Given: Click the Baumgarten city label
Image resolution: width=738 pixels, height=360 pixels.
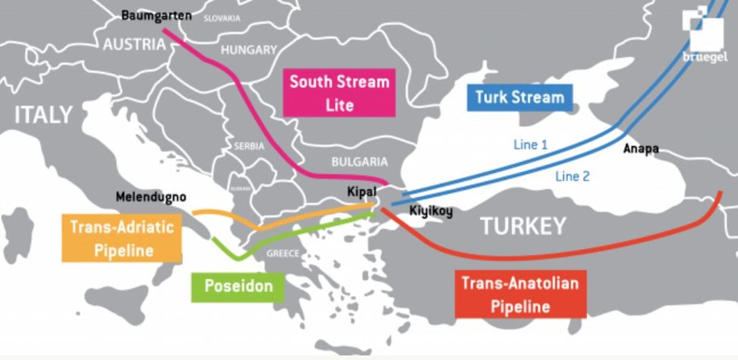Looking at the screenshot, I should click(x=156, y=15).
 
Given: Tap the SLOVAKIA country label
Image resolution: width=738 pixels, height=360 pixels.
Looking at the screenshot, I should click(x=222, y=18).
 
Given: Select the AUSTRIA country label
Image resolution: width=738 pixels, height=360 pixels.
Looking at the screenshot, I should click(x=134, y=44).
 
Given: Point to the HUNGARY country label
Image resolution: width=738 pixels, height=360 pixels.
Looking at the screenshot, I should click(x=249, y=50).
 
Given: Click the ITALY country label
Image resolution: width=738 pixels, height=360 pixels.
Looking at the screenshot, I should click(x=44, y=114).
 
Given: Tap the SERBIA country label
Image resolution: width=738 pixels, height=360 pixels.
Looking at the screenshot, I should click(x=249, y=146).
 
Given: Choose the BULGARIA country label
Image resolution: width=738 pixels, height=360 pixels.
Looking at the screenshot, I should click(x=360, y=162).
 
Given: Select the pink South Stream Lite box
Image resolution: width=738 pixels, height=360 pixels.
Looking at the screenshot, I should click(x=339, y=93).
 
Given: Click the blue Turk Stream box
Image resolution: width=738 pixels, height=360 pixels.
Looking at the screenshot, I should click(x=520, y=97).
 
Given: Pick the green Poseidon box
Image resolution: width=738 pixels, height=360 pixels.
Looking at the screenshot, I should click(x=238, y=287).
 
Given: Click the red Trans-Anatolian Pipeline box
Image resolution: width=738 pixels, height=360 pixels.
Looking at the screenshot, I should click(x=520, y=294).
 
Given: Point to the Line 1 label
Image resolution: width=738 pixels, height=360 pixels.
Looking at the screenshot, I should click(x=530, y=145).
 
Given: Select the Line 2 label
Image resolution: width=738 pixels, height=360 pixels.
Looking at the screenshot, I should click(x=572, y=177).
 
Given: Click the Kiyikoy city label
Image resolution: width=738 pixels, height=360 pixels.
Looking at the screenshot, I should click(x=430, y=212).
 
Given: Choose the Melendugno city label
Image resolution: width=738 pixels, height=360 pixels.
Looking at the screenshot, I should click(x=151, y=198).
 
